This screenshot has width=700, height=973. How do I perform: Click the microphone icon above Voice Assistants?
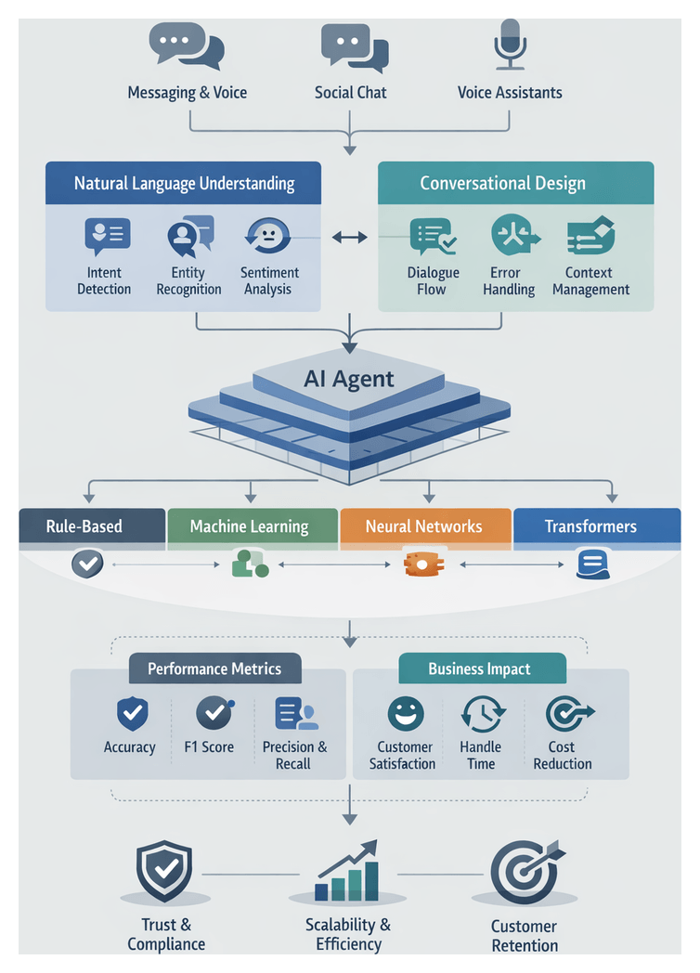coord(509,43)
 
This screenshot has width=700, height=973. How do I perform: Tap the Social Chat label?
coord(350,92)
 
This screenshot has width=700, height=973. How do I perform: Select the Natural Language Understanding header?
coord(184,183)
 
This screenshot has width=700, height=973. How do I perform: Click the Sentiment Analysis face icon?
coord(266,236)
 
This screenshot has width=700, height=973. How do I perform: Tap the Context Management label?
coord(590,280)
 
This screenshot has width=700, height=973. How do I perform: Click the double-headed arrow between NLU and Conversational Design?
coord(349,239)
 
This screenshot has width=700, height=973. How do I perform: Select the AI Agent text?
coord(349,379)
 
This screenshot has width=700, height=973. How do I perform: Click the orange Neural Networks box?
coord(424,526)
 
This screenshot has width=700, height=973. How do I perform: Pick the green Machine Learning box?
coord(250,526)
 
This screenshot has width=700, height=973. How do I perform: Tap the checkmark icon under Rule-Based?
coord(87,563)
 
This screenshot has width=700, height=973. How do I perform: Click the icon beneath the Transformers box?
coord(592,564)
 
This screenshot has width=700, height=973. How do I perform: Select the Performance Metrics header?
coord(214,668)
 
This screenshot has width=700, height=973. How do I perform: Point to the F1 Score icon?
coord(214,713)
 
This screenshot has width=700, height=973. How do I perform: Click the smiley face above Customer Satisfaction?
coord(405,714)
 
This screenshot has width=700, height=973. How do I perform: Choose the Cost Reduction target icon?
coord(563,714)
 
